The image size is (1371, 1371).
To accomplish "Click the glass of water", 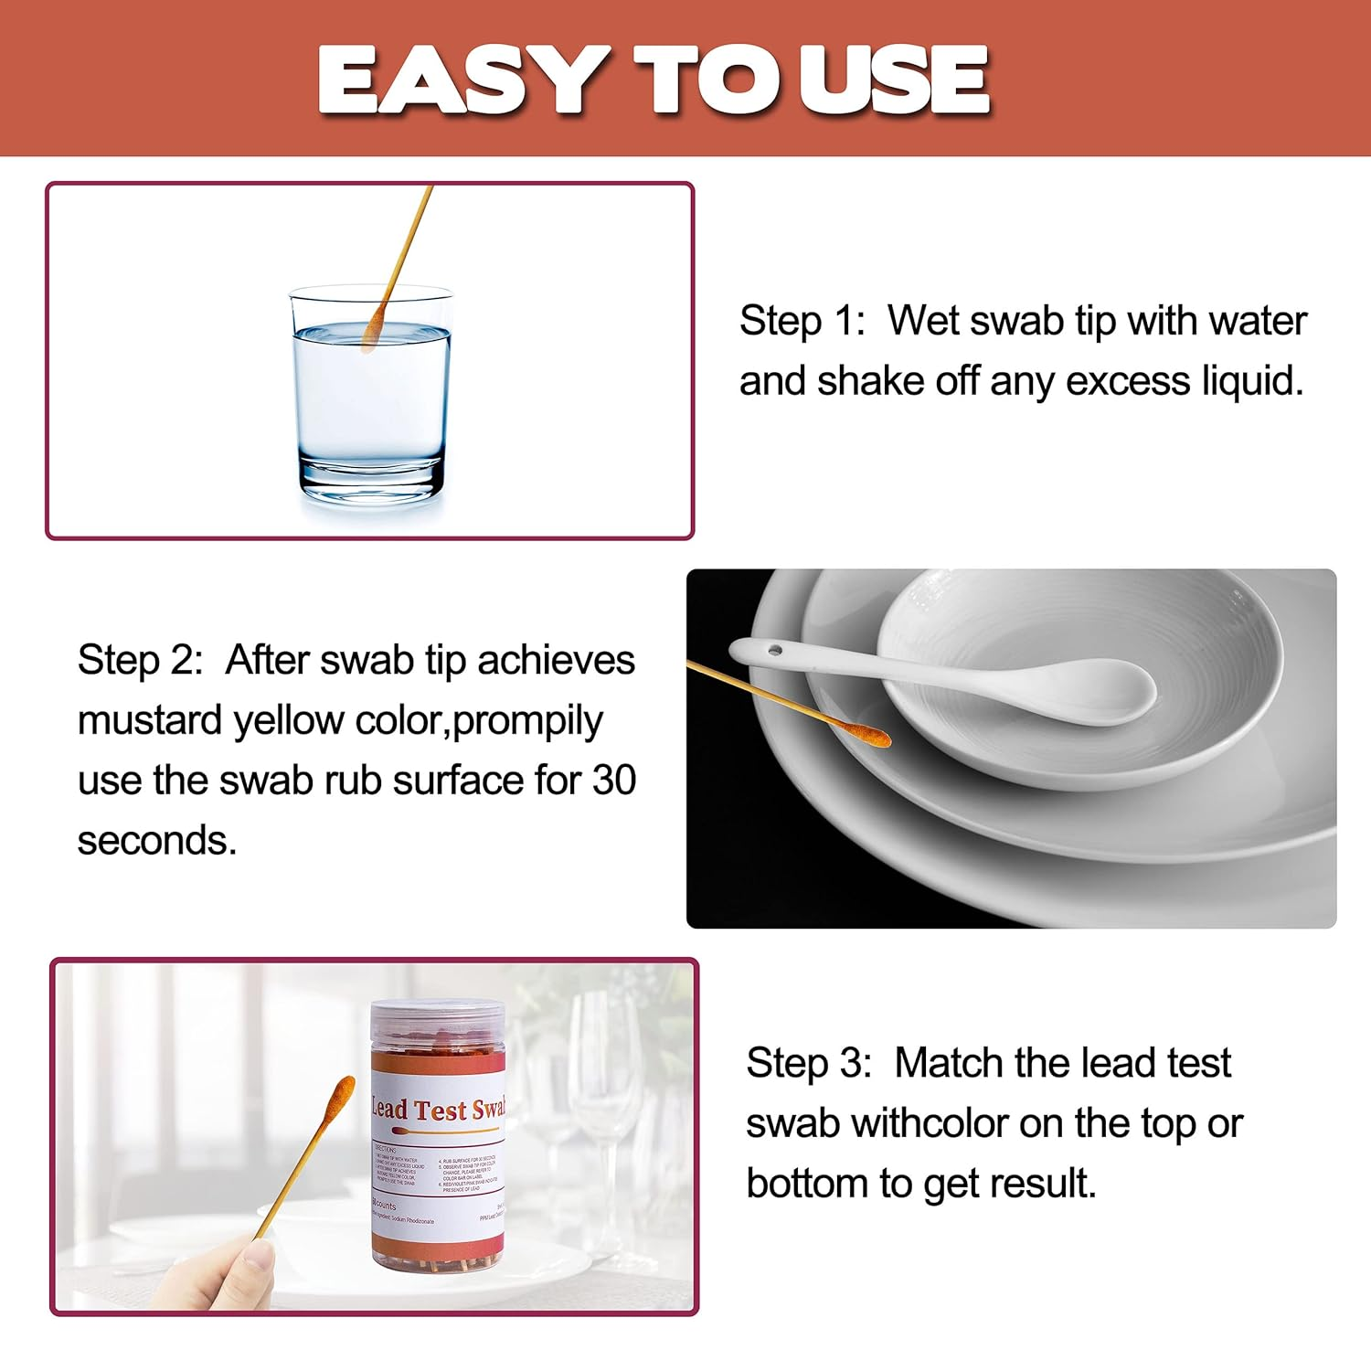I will (x=370, y=402).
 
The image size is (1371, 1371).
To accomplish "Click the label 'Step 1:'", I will (x=802, y=321).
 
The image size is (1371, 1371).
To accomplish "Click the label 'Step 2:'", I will (x=140, y=660).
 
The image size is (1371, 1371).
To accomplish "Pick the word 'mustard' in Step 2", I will (x=149, y=720).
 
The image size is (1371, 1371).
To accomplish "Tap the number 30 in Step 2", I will (x=613, y=781).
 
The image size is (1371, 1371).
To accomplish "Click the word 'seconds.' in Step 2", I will (x=156, y=841).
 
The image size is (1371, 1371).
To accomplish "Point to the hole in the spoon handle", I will (x=775, y=651).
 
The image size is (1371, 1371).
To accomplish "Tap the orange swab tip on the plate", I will (x=864, y=732).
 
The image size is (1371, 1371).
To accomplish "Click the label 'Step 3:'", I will (x=809, y=1063).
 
